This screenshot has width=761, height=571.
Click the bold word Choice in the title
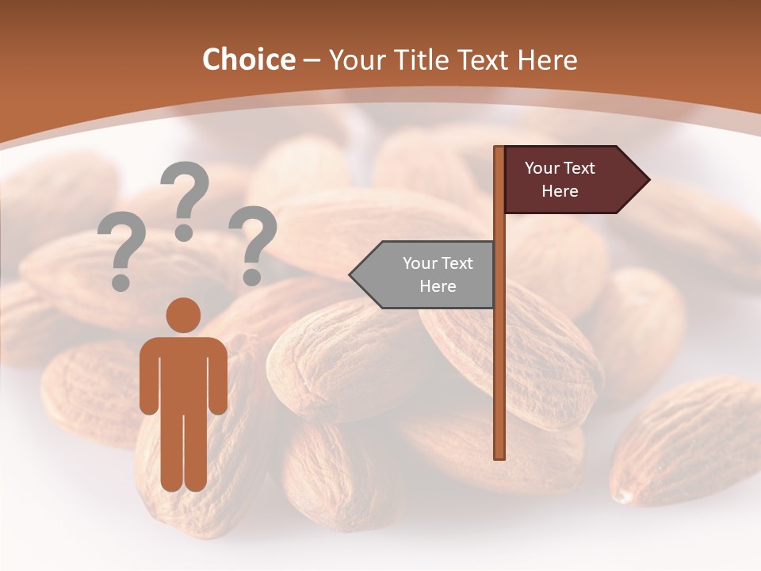248,60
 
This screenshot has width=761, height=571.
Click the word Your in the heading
357,60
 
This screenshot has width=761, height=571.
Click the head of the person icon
184,315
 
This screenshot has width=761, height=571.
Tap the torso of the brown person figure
184,373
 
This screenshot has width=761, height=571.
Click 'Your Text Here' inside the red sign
560,180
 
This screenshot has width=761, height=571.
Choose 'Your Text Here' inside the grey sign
438,274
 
